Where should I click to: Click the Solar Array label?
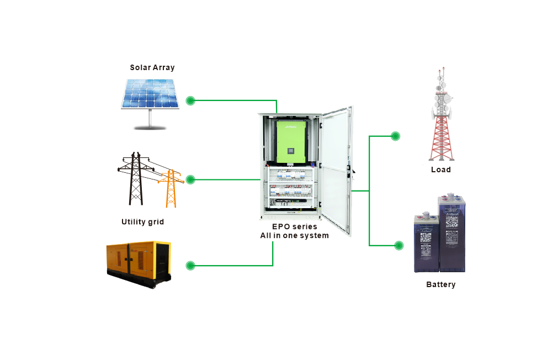coord(152,68)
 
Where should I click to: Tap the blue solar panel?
coord(150,94)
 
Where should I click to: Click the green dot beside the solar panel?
coord(190,100)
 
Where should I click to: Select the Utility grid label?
coord(142,222)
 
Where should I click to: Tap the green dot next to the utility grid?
coord(190,179)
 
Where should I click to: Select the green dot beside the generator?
coord(190,266)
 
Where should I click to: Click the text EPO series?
coord(294,227)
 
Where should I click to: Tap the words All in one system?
coord(294,236)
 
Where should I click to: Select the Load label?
coord(440,170)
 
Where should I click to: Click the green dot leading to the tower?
coord(395,136)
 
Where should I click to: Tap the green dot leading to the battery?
coord(398,246)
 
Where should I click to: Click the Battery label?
coord(440,284)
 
